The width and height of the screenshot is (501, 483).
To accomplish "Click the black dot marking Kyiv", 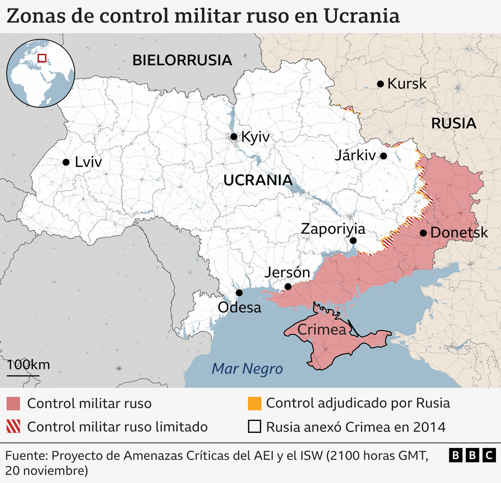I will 233,136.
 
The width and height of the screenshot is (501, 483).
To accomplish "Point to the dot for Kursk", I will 381,84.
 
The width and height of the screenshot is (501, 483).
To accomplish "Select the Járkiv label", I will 355,156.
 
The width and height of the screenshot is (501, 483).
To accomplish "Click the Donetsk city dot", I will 423,233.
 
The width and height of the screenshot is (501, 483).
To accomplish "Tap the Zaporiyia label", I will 333,229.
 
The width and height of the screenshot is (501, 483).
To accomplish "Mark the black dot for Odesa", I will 239,293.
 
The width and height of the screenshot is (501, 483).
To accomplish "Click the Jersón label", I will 287,273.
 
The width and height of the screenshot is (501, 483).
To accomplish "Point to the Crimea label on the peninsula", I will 322,330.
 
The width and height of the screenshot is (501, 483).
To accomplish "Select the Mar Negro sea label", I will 247,369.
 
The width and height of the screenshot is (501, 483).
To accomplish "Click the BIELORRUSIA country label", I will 182,61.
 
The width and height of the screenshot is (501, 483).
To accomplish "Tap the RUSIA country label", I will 453,123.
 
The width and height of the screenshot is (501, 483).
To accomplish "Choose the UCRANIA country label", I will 258,180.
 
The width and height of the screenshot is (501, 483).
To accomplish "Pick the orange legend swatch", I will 255,403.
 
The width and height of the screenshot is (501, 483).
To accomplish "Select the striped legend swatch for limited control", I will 14,427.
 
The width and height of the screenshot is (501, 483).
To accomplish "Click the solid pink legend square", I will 14,403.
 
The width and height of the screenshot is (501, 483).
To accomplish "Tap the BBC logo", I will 471,455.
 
